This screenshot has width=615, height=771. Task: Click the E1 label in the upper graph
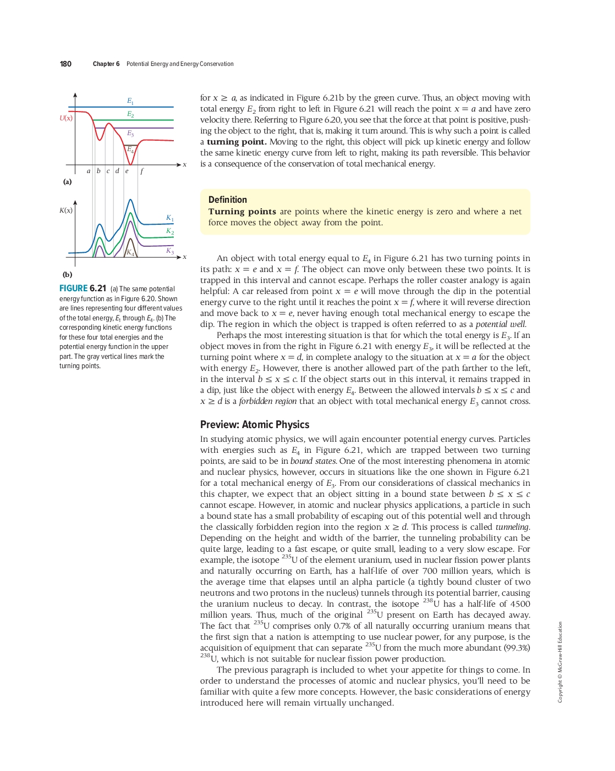[130, 101]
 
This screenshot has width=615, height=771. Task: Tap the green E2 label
[130, 114]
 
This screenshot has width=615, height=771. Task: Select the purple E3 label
[130, 134]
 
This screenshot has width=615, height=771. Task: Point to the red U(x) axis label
[66, 118]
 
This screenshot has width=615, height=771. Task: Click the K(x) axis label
[66, 210]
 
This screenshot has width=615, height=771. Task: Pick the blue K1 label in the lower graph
[170, 218]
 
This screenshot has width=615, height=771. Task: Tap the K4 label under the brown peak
[130, 253]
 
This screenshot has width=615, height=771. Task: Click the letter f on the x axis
[141, 171]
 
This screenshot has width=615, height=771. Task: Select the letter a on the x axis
[89, 171]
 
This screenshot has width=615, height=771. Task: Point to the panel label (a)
[67, 182]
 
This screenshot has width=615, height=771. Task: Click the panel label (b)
[67, 275]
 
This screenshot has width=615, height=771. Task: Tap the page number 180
[65, 64]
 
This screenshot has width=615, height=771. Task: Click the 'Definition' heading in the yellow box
[228, 200]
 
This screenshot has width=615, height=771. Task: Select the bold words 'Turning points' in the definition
[242, 212]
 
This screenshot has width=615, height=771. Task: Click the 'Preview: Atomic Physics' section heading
[255, 425]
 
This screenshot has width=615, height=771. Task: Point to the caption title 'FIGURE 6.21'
[83, 289]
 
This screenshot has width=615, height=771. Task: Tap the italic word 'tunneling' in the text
[512, 527]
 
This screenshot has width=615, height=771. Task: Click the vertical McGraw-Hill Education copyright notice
[560, 662]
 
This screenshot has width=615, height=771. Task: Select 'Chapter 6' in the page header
[106, 64]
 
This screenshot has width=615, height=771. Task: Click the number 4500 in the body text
[520, 604]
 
